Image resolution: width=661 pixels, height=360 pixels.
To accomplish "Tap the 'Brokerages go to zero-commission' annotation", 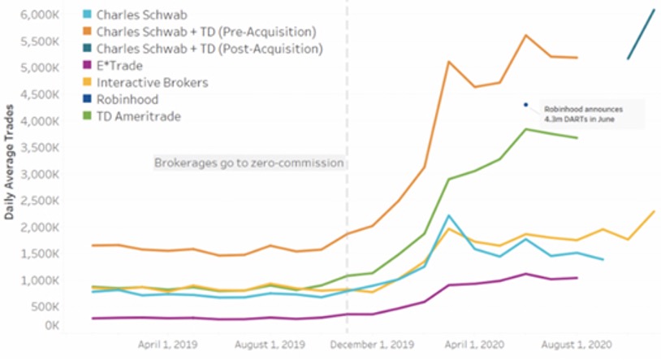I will pyautogui.click(x=249, y=163).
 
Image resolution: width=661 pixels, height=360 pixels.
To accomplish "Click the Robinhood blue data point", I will pyautogui.click(x=525, y=105).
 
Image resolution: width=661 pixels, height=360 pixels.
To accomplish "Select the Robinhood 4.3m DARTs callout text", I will pyautogui.click(x=581, y=113).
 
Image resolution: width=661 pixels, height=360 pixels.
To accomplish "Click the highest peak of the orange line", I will pyautogui.click(x=525, y=36).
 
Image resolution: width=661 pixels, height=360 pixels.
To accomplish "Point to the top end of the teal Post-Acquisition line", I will pyautogui.click(x=655, y=10).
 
